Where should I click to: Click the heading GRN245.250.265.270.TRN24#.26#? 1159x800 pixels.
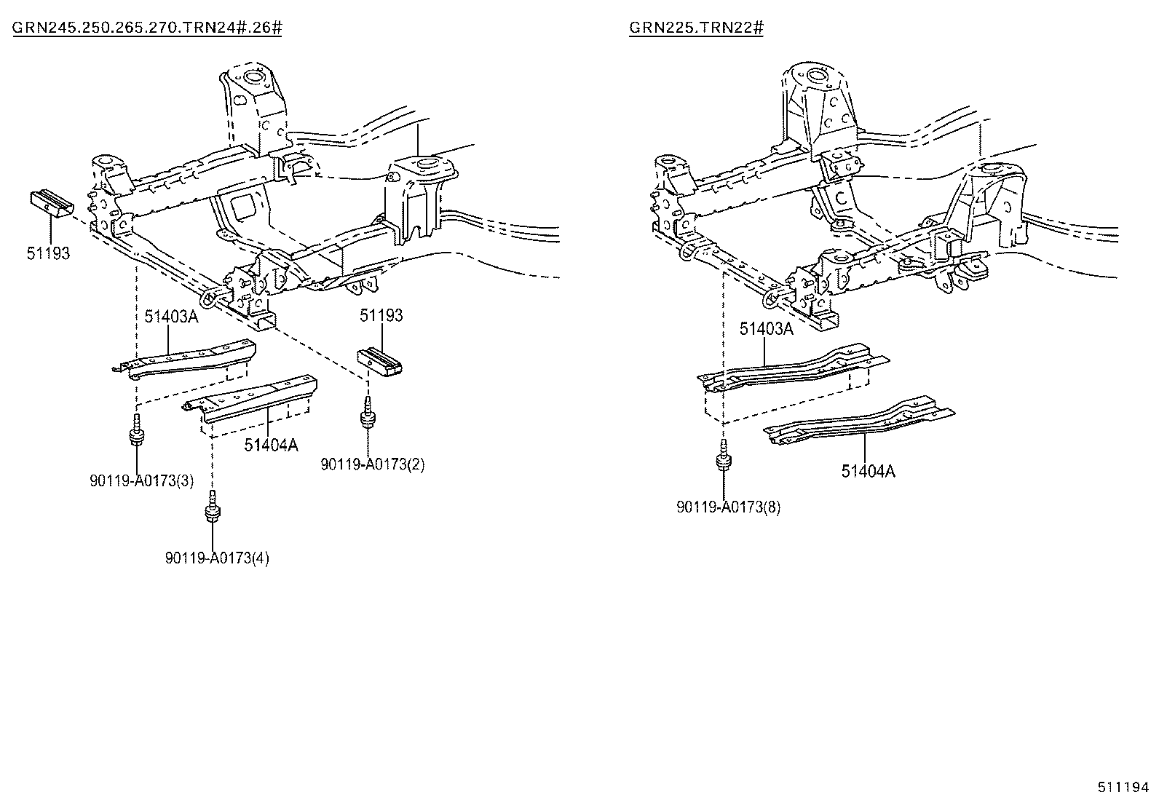click(147, 28)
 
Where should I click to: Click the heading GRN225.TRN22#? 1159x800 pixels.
click(696, 28)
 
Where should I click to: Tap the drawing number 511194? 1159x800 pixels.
click(1123, 787)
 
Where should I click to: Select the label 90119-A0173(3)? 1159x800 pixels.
click(142, 480)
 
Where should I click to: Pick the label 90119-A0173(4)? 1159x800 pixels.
click(217, 558)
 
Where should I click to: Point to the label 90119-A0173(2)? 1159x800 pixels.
click(373, 464)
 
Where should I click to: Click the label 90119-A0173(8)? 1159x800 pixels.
click(729, 507)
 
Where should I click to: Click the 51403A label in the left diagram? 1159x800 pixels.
click(171, 316)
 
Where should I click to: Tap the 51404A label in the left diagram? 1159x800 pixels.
click(271, 445)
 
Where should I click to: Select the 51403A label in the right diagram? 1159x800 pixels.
click(767, 328)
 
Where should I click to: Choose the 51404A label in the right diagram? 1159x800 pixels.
click(869, 472)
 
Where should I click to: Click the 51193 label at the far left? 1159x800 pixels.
click(48, 253)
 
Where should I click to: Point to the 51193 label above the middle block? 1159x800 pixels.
click(381, 315)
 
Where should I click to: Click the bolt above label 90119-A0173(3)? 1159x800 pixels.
click(137, 429)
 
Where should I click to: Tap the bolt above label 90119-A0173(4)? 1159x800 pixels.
click(213, 507)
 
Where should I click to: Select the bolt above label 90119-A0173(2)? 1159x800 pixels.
click(367, 413)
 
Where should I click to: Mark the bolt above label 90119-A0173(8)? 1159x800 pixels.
click(724, 455)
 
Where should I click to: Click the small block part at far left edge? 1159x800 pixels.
click(52, 205)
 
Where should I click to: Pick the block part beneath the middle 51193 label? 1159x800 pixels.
click(380, 361)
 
